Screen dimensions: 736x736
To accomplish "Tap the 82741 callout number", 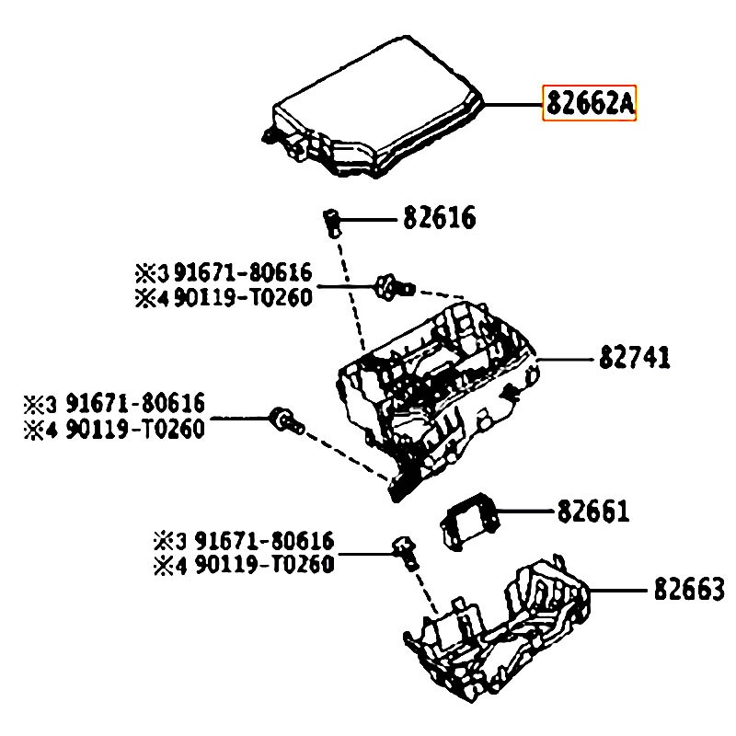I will pyautogui.click(x=635, y=358).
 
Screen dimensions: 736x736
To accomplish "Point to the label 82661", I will pyautogui.click(x=592, y=511).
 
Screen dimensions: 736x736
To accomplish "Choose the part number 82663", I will pyautogui.click(x=689, y=589).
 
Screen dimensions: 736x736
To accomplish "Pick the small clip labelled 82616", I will pyautogui.click(x=331, y=220).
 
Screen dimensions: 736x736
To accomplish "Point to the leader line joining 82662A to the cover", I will pyautogui.click(x=512, y=106).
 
